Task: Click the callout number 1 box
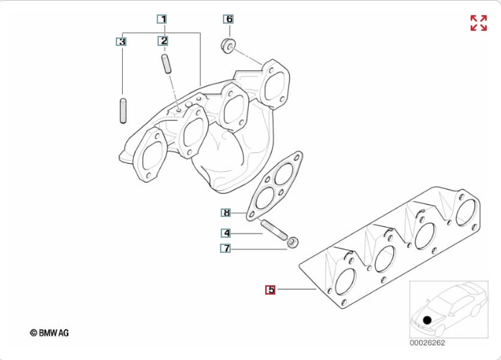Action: click(163, 19)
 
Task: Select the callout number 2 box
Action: click(164, 41)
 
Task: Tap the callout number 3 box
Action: click(122, 42)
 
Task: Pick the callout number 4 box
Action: click(226, 233)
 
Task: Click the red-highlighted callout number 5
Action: click(270, 290)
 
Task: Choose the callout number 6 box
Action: click(229, 19)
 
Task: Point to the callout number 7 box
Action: click(226, 249)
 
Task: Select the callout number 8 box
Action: click(226, 213)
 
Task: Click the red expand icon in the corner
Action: click(478, 23)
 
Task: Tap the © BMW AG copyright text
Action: click(50, 333)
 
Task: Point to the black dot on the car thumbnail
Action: click(427, 320)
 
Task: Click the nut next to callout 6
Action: click(227, 47)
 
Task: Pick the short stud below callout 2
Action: click(167, 63)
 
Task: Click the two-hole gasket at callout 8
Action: click(275, 184)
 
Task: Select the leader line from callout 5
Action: click(295, 290)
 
